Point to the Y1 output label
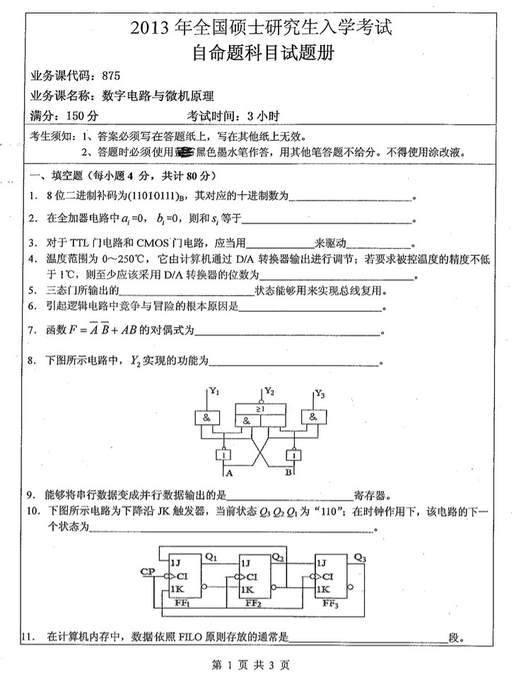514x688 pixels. click(x=215, y=391)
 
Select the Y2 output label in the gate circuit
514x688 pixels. click(x=269, y=391)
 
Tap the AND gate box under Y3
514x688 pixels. click(x=313, y=417)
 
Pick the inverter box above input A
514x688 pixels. click(x=226, y=456)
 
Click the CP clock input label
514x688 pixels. click(x=148, y=570)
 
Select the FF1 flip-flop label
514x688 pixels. click(x=182, y=603)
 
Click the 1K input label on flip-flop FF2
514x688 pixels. click(x=247, y=588)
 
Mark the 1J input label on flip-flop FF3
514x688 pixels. click(x=322, y=562)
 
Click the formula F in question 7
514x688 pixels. click(x=112, y=330)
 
